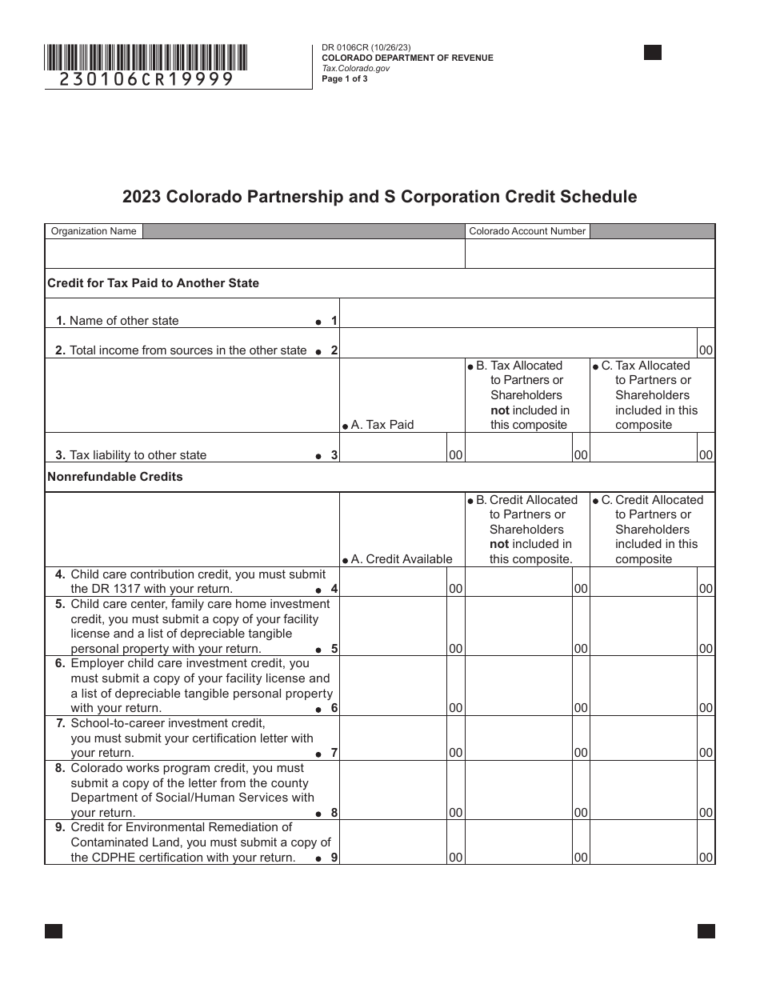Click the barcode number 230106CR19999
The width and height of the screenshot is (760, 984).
click(x=146, y=79)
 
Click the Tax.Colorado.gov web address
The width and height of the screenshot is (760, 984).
click(x=355, y=68)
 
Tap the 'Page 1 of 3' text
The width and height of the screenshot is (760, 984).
click(x=345, y=78)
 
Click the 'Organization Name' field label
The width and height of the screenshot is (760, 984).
click(x=94, y=231)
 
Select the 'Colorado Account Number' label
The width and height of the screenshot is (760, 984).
click(x=527, y=231)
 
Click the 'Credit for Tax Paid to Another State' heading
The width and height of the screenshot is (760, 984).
click(x=154, y=283)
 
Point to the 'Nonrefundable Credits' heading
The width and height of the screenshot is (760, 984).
click(x=115, y=477)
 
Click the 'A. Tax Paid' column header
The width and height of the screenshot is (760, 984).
click(x=382, y=425)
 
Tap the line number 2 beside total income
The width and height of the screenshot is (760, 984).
click(x=334, y=350)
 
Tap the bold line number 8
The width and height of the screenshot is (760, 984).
click(x=334, y=813)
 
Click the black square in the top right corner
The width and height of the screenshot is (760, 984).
click(x=653, y=53)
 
